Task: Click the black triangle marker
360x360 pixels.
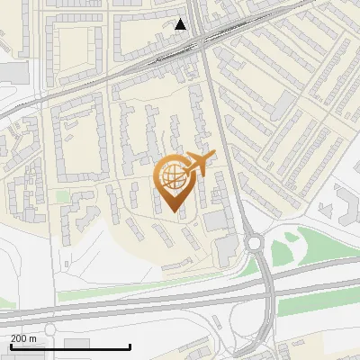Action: coord(181,24)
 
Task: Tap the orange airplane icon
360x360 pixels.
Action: coord(198,164)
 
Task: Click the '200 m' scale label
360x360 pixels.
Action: coord(23,337)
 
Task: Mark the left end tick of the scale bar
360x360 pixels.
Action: coord(11,346)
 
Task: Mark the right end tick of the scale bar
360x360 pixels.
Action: coord(130,346)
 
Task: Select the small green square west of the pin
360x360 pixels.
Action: coord(62,195)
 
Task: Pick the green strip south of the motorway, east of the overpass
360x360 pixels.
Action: coord(315,301)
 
